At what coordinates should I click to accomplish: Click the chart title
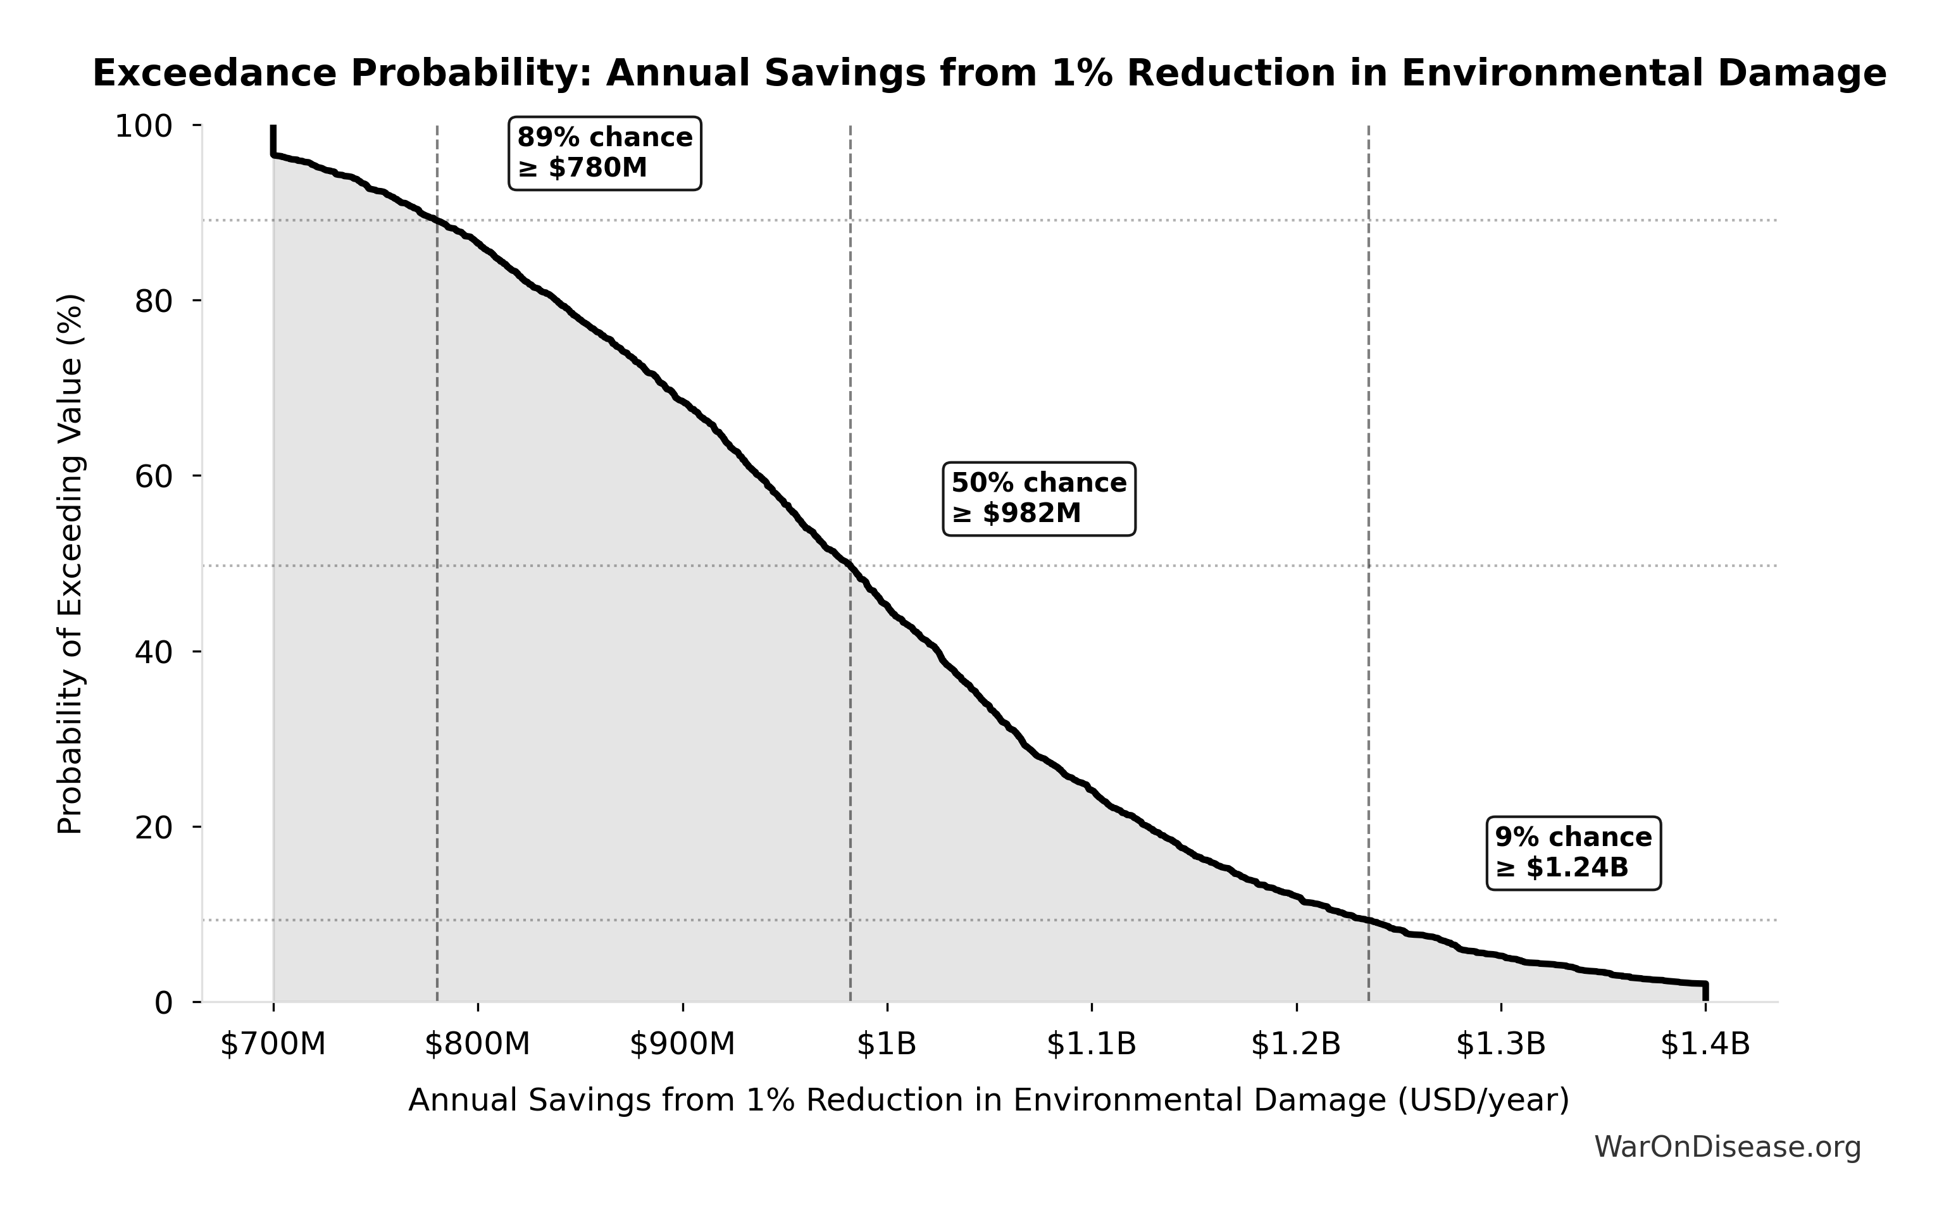[x=989, y=73]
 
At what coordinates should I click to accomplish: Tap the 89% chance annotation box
[x=604, y=152]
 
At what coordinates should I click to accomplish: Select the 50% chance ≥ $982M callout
[x=1038, y=498]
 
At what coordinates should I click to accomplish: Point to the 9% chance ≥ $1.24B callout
[x=1573, y=853]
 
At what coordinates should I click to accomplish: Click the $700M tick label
[x=273, y=1044]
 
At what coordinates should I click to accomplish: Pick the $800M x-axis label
[x=478, y=1044]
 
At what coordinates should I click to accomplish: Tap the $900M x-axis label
[x=683, y=1044]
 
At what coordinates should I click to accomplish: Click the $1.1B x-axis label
[x=1091, y=1044]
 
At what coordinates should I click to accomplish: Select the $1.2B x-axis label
[x=1296, y=1044]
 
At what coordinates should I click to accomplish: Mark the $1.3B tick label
[x=1501, y=1044]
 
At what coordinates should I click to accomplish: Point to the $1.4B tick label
[x=1705, y=1044]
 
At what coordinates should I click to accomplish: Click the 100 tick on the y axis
[x=144, y=127]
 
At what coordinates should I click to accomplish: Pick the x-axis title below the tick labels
[x=988, y=1100]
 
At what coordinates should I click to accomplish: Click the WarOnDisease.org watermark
[x=1727, y=1147]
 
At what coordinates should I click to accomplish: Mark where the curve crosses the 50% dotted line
[x=850, y=566]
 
